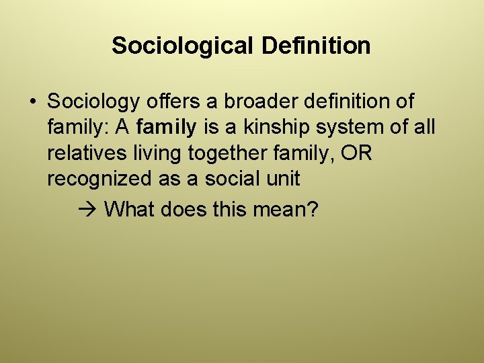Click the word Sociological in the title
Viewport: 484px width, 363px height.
click(x=183, y=46)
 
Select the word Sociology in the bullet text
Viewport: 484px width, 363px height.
click(x=94, y=102)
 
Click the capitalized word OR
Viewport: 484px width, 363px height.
click(x=356, y=153)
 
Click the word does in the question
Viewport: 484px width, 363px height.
click(x=186, y=210)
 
